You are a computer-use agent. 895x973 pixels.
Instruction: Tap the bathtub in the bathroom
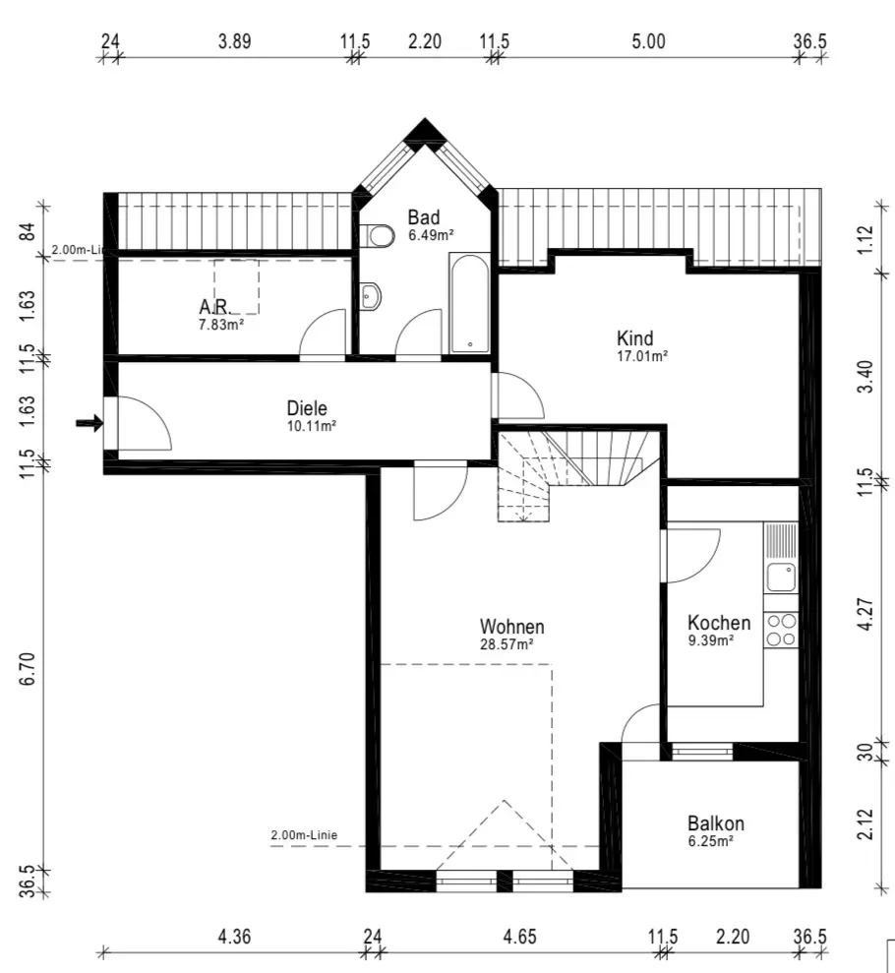(469, 303)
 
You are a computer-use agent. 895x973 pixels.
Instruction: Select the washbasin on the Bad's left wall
(370, 296)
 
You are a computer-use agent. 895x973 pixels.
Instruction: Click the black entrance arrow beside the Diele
(89, 423)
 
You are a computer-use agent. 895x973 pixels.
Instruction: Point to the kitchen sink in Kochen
(781, 578)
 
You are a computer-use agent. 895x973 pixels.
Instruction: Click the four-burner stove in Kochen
(781, 630)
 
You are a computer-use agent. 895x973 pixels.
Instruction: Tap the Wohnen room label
(511, 626)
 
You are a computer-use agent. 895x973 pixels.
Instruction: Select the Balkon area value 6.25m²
(710, 841)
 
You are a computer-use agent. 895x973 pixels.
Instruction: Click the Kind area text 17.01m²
(642, 355)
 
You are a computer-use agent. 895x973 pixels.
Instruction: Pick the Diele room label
(307, 407)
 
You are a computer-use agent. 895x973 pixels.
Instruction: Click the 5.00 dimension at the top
(649, 41)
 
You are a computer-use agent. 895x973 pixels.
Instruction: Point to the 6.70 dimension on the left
(28, 668)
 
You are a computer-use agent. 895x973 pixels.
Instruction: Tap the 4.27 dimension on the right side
(865, 614)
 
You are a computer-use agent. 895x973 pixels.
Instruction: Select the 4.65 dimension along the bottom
(519, 937)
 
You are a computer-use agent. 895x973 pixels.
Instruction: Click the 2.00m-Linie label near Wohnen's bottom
(304, 835)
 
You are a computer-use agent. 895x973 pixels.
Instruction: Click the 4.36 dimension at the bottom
(234, 937)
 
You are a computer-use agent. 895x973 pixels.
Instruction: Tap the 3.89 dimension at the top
(234, 41)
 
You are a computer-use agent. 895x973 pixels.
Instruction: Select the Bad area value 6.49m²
(431, 235)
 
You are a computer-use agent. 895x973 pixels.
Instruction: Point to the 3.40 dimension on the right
(865, 377)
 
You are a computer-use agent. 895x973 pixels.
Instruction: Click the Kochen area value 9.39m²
(711, 639)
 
